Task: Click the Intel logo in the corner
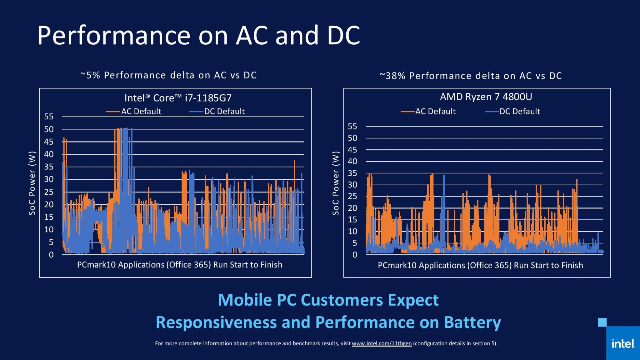[623, 344]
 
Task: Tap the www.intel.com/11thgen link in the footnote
[382, 343]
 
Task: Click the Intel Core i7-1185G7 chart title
[178, 98]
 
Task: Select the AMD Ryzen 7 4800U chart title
[486, 97]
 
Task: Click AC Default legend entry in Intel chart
[134, 112]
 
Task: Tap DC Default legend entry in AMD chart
[512, 112]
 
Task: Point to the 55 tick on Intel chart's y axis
[49, 117]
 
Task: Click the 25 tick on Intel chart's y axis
[49, 192]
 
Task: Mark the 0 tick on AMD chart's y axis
[355, 255]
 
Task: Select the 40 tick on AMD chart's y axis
[352, 162]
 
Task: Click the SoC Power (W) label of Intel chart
[32, 183]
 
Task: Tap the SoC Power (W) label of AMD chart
[336, 183]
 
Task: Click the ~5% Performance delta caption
[168, 75]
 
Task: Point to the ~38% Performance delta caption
[471, 76]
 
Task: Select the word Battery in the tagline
[472, 322]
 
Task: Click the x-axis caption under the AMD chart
[480, 265]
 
